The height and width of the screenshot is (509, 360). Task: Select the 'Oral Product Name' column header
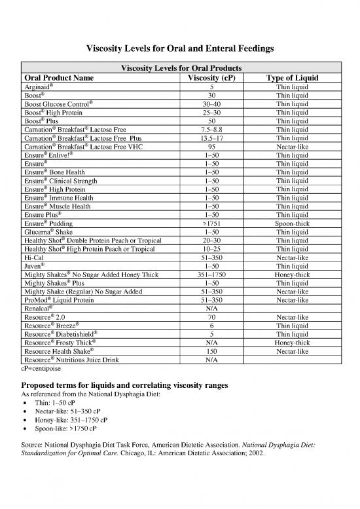(65, 78)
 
